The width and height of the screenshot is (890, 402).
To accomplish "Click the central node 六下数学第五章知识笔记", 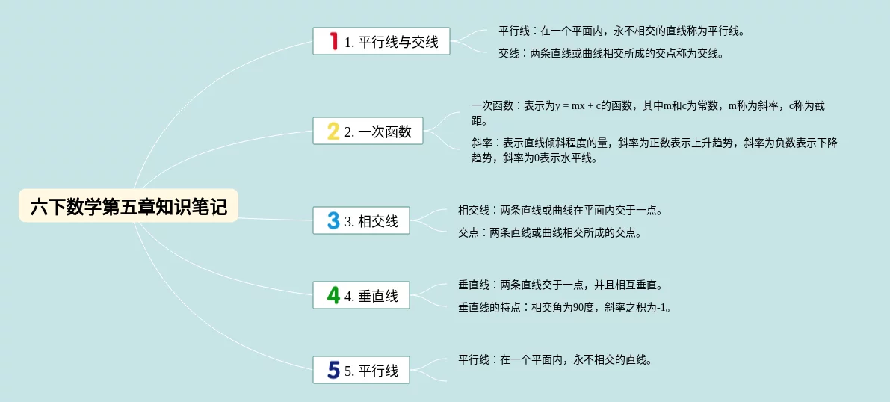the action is pyautogui.click(x=129, y=205).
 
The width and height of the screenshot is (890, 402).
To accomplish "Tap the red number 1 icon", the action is pyautogui.click(x=334, y=41).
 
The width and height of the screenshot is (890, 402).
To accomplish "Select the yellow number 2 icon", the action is pyautogui.click(x=333, y=132).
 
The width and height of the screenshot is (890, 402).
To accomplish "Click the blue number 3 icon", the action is pyautogui.click(x=333, y=220).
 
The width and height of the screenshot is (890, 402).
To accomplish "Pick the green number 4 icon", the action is pyautogui.click(x=333, y=295).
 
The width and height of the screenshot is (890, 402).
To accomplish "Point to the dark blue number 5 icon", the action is pyautogui.click(x=333, y=370).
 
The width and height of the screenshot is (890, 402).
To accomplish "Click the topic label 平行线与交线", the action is pyautogui.click(x=398, y=42).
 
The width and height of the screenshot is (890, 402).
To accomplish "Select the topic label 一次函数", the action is pyautogui.click(x=385, y=132).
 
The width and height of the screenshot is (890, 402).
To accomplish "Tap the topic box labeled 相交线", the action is pyautogui.click(x=361, y=220).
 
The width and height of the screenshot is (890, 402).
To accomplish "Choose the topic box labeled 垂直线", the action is pyautogui.click(x=361, y=295).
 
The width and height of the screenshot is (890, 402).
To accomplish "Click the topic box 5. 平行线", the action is pyautogui.click(x=361, y=370).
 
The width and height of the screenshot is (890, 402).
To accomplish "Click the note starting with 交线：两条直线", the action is pyautogui.click(x=611, y=54).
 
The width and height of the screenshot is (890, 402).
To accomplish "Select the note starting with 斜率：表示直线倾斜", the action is pyautogui.click(x=655, y=151).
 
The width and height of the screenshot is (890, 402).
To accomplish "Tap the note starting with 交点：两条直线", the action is pyautogui.click(x=549, y=233).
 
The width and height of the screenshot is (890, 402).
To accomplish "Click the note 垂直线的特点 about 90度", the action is pyautogui.click(x=564, y=308).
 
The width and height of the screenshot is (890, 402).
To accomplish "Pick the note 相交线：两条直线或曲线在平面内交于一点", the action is pyautogui.click(x=560, y=211).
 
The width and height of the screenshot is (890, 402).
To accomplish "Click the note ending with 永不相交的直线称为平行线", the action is pyautogui.click(x=622, y=31).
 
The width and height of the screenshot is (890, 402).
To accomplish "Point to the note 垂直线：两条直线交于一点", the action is pyautogui.click(x=560, y=285).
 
